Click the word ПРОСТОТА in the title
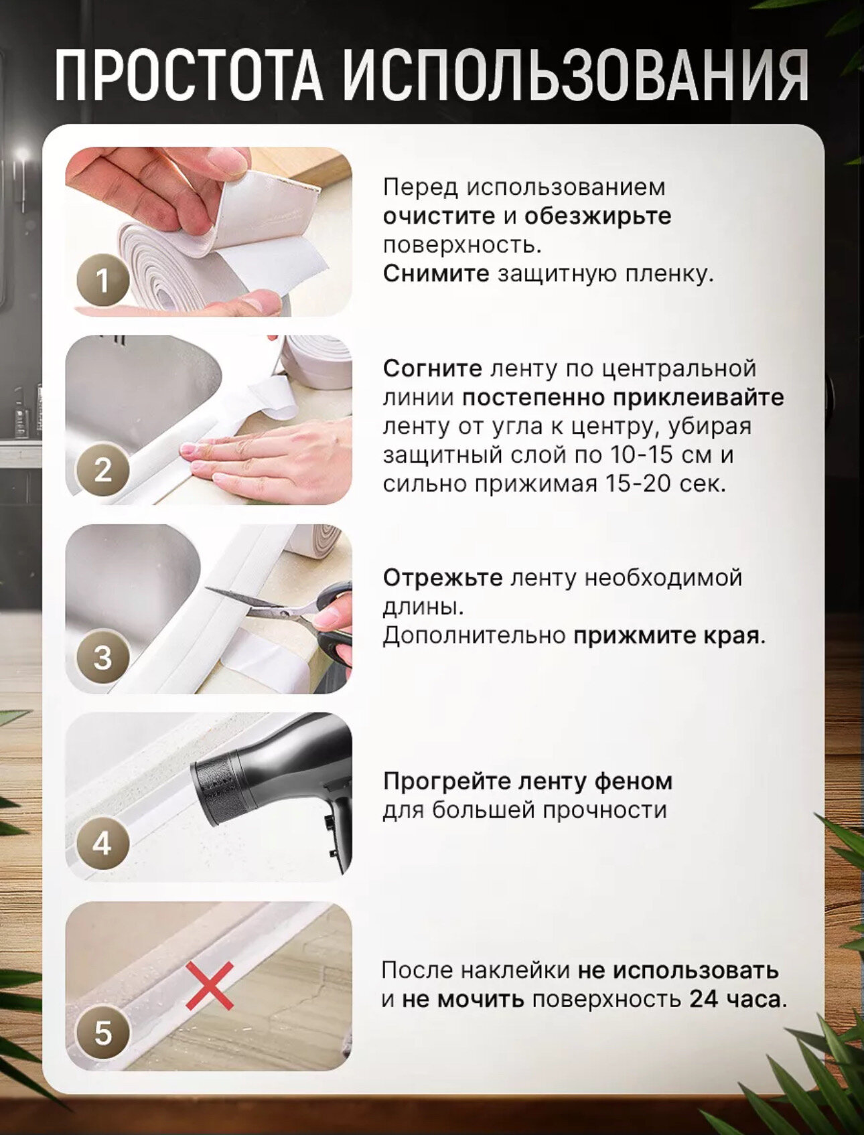[190, 75]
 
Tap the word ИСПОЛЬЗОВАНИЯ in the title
[576, 75]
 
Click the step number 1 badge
[102, 281]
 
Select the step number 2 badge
[102, 469]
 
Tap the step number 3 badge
[102, 657]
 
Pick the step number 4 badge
[102, 844]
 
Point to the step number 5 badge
[102, 1033]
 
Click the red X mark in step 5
[210, 986]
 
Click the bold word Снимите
[436, 274]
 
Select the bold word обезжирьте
[597, 216]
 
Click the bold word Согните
[433, 368]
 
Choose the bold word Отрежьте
[443, 577]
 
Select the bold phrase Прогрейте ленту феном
[528, 781]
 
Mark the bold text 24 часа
[738, 999]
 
